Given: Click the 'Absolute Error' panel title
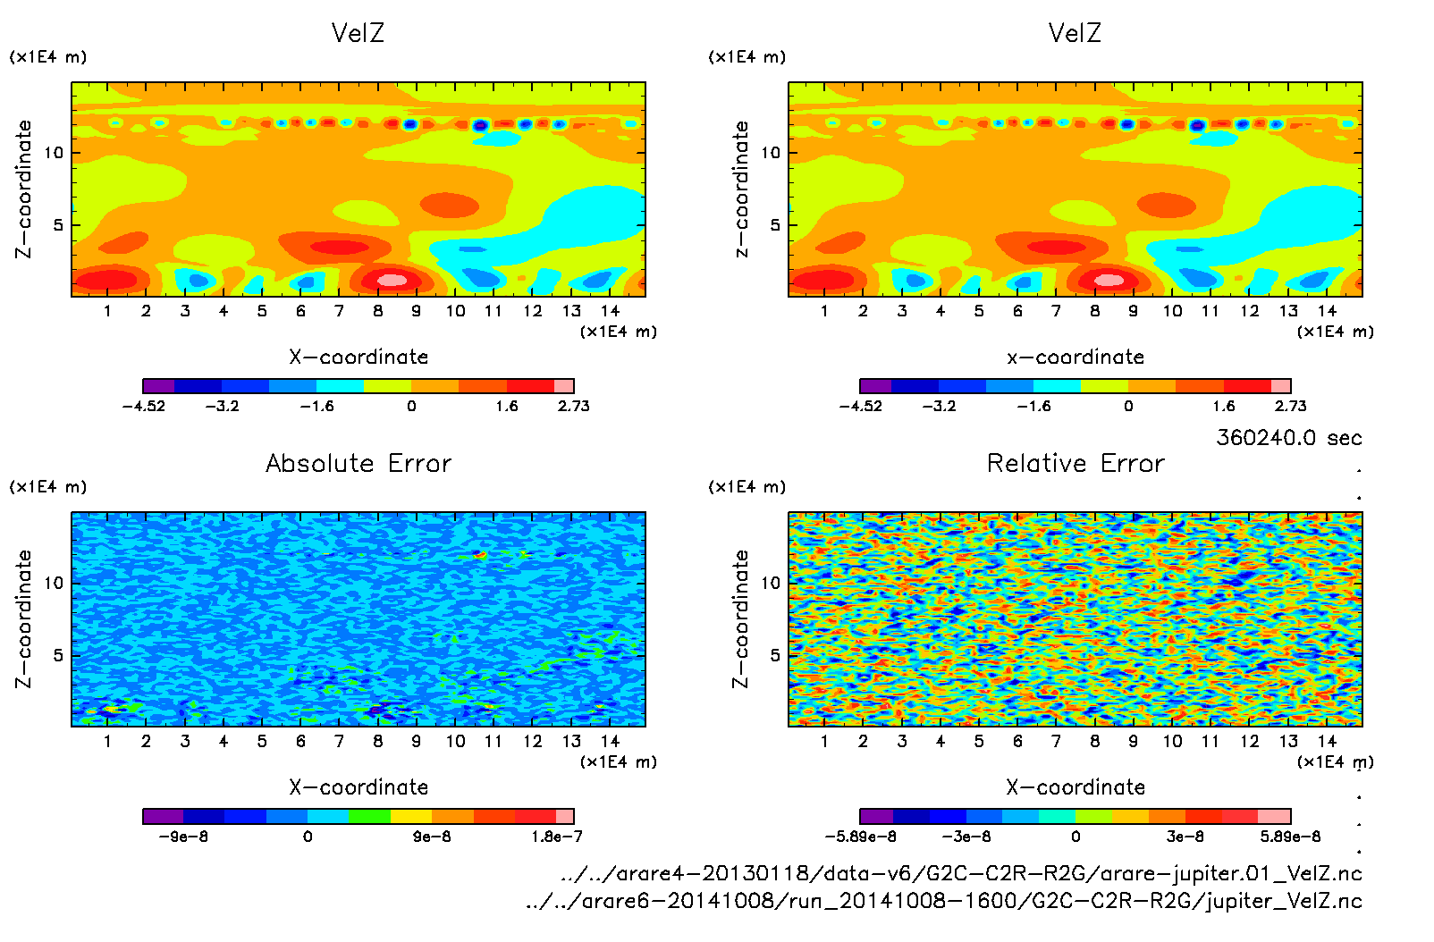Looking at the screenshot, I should [x=358, y=464].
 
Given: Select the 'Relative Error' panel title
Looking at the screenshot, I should [x=1075, y=464].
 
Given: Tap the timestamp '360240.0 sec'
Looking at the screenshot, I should [x=1288, y=438].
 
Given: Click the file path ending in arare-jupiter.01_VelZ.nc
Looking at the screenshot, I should [x=961, y=873].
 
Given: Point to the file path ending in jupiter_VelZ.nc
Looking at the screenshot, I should [x=944, y=901].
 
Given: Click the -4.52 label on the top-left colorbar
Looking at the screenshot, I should [x=143, y=407].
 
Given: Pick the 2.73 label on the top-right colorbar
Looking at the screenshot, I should [x=1290, y=407].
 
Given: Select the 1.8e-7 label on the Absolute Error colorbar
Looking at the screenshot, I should [x=556, y=837].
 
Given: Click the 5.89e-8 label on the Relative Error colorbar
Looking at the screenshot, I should [x=1290, y=837].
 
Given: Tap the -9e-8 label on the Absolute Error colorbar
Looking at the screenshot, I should [x=183, y=837].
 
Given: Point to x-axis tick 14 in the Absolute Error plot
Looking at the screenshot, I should [x=610, y=741].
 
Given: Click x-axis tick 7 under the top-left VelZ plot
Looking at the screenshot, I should [x=339, y=311].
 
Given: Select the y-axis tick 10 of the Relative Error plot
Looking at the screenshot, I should [x=771, y=583].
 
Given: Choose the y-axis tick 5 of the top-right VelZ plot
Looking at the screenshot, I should [x=775, y=225].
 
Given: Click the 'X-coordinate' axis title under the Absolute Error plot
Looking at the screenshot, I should [x=358, y=787].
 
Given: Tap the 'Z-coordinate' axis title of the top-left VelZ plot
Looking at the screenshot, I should [x=23, y=189].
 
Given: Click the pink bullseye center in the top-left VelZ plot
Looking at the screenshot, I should [x=392, y=280].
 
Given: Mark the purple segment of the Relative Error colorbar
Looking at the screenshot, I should [x=876, y=816].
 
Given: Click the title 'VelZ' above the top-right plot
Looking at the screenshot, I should [x=1075, y=34].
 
